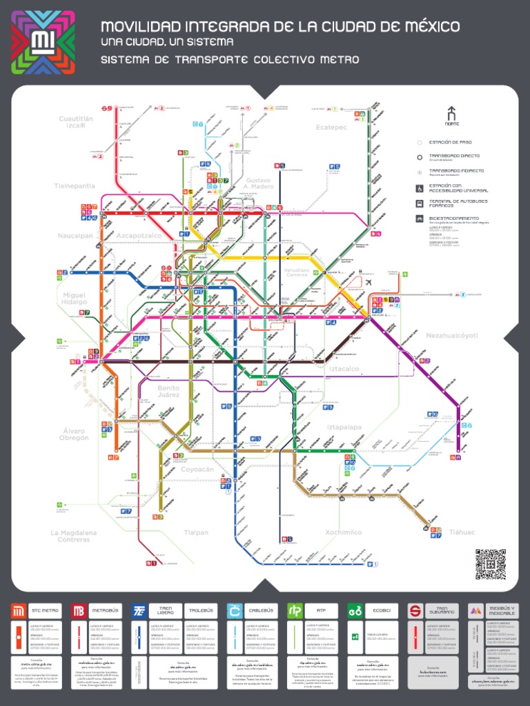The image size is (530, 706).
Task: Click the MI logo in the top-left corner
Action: click(43, 42)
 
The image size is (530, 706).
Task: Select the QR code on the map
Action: click(490, 563)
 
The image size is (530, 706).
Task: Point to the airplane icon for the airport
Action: click(368, 283)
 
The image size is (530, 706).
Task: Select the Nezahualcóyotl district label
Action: click(452, 336)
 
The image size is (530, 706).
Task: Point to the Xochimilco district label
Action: click(343, 532)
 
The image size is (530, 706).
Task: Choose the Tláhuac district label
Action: click(462, 532)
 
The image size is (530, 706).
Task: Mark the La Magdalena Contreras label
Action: click(74, 536)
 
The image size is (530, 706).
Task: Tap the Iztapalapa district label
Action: click(344, 427)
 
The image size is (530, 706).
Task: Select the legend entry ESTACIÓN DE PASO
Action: click(450, 143)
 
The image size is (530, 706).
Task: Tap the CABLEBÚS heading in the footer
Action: click(253, 611)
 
